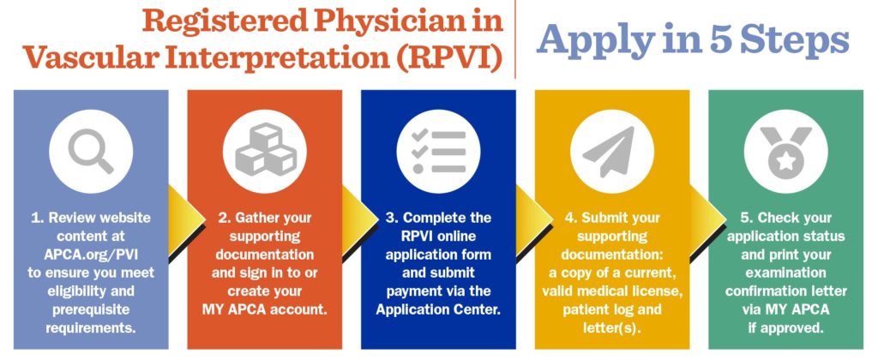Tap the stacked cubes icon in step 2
(x=265, y=149)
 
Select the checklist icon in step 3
(x=438, y=151)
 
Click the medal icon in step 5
(x=785, y=151)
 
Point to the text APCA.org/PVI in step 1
(x=91, y=255)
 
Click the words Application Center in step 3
(x=438, y=309)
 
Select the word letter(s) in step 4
(x=612, y=327)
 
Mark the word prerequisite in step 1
(x=91, y=309)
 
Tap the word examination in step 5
(x=785, y=273)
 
